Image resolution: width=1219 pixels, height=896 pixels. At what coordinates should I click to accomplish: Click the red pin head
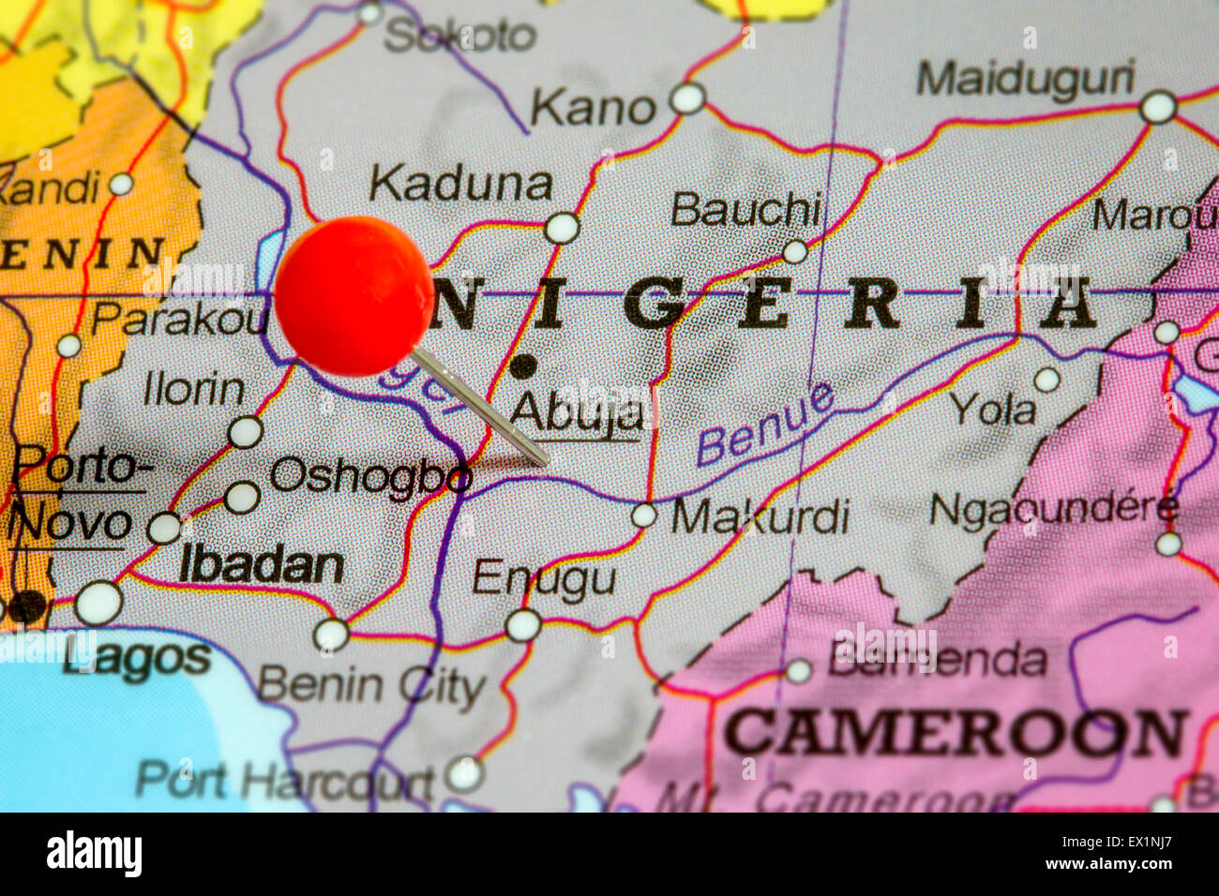pos(354,296)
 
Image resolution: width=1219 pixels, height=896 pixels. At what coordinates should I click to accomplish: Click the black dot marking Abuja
pos(523,366)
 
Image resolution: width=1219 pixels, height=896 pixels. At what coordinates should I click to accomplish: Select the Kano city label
pos(593,109)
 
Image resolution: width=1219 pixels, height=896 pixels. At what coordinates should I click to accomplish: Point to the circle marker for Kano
pos(687,98)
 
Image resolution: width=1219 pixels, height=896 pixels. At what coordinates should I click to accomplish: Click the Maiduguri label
pos(1025,80)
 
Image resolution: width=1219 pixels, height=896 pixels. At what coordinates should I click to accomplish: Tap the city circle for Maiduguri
pos(1158,107)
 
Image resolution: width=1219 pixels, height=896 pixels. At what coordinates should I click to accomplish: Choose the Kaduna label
pos(459,186)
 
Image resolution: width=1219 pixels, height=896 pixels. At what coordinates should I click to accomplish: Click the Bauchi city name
pos(746,210)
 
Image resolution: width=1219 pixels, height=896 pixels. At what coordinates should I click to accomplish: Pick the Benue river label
pos(765,425)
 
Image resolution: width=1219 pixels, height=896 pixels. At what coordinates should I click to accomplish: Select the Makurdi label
pos(760,516)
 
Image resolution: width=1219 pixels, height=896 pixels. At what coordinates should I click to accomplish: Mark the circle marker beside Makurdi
pos(643,515)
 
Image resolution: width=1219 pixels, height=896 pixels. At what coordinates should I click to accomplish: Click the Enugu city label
pos(544,579)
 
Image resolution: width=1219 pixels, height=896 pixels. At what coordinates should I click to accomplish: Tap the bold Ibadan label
pos(261,566)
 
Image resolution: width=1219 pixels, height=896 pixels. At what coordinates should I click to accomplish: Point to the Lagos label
pos(137,659)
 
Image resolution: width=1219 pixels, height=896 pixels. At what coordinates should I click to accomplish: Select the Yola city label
pos(994,410)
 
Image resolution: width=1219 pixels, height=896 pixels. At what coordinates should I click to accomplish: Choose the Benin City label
pos(371,685)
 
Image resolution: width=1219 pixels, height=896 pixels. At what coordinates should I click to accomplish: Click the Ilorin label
pos(194,389)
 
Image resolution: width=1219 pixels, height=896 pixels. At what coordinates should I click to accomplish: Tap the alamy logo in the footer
pos(95,855)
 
